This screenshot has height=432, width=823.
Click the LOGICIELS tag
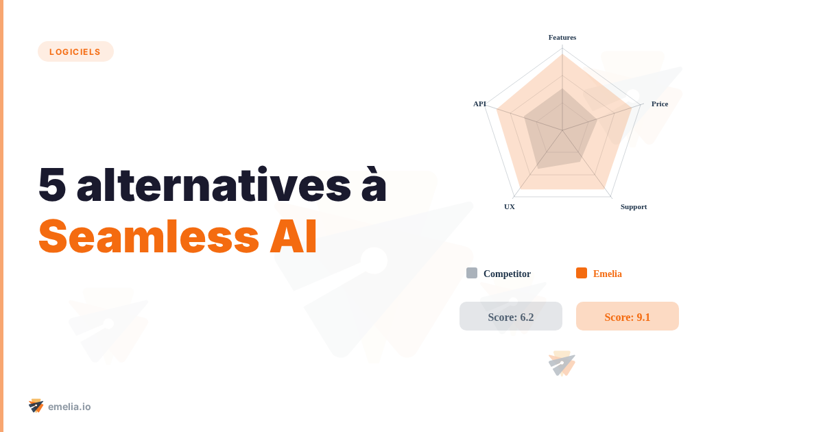(75, 51)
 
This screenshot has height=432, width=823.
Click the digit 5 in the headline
(52, 184)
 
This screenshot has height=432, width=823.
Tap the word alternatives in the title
(213, 184)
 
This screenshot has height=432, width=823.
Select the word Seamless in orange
(149, 236)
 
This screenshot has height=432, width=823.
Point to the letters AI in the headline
(294, 237)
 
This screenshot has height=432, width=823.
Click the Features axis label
(562, 38)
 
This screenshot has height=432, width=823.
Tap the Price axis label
(660, 104)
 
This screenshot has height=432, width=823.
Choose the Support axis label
(634, 207)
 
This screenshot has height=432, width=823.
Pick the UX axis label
(509, 207)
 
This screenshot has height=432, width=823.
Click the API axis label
(479, 104)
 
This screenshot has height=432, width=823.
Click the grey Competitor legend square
(472, 273)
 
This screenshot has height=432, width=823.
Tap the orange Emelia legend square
(582, 273)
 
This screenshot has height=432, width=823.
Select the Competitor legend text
(507, 274)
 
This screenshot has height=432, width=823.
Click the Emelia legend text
(608, 274)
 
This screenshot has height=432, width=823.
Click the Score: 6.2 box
(511, 316)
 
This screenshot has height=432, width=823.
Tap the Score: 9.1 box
(627, 316)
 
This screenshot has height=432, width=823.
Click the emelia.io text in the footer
(69, 407)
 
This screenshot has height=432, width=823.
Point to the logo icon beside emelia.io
(36, 406)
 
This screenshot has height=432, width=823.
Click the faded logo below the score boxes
(562, 363)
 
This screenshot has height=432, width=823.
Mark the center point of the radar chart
(562, 130)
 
